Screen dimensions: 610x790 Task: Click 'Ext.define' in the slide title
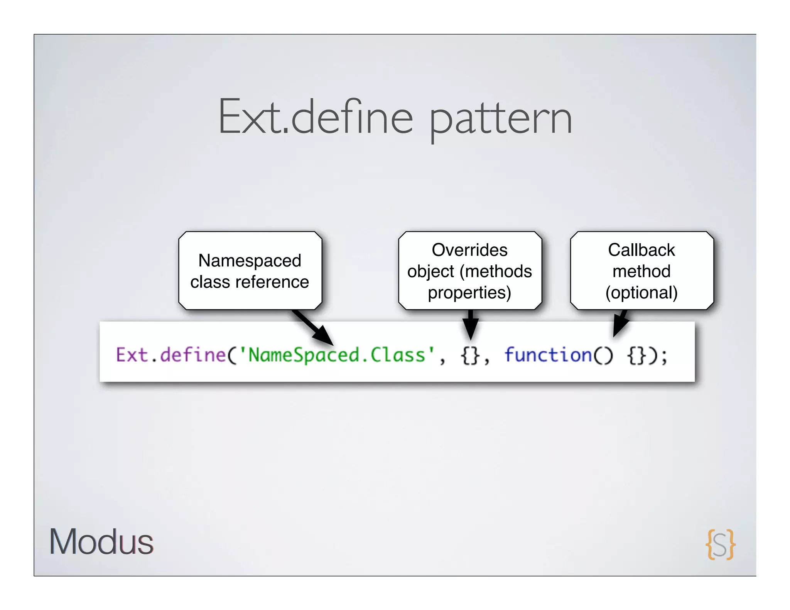[316, 118]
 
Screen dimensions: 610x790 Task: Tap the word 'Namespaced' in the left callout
[250, 261]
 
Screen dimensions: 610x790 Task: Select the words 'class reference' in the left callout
[250, 282]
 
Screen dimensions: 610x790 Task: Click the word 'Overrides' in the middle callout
[469, 250]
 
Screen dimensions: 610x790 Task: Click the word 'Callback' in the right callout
[641, 250]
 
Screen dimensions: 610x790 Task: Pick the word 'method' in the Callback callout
[641, 271]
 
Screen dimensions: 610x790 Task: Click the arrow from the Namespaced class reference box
[314, 328]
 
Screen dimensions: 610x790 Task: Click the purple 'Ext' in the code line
[132, 355]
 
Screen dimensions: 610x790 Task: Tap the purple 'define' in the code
[193, 355]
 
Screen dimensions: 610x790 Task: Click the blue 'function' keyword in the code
[548, 355]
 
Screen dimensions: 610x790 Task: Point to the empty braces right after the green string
[470, 356]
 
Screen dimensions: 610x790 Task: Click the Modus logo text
[101, 542]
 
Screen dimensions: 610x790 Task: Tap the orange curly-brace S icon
[720, 544]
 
